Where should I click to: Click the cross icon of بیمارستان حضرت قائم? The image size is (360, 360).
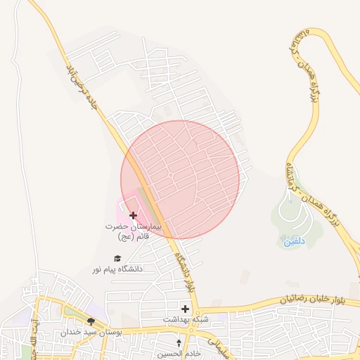[134, 214]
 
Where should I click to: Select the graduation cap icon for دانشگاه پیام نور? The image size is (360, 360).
[117, 258]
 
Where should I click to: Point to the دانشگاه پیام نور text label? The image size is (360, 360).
[117, 269]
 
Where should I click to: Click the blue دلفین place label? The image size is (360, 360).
[295, 241]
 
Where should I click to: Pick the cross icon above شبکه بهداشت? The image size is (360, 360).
[185, 308]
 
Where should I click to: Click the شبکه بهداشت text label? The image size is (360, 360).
[185, 319]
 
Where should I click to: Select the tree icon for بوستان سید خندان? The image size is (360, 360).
[91, 321]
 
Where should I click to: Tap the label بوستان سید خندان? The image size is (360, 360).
[91, 331]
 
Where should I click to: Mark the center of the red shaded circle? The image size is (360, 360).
[180, 179]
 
